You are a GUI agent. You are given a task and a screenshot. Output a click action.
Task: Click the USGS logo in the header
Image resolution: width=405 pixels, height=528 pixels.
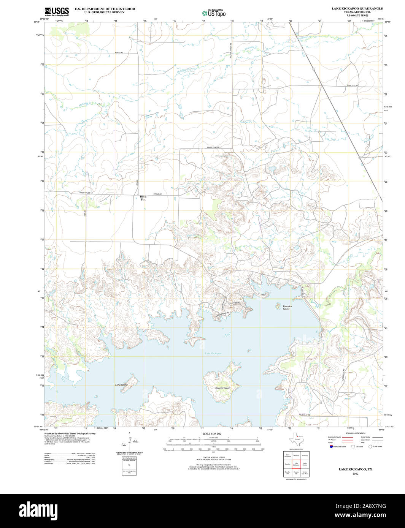coord(57,11)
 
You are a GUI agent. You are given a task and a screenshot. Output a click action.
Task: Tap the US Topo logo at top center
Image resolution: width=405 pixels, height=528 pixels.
coord(214,13)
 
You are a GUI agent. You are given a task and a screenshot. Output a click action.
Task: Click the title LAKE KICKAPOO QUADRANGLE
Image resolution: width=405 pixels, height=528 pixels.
coord(352,8)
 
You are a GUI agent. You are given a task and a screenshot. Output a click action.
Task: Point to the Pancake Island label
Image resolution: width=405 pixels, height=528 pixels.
coord(286,307)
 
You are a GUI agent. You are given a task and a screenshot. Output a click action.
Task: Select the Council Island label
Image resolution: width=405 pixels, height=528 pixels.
coord(222,388)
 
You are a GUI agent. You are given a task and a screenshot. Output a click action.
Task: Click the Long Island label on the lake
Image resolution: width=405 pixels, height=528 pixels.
coord(121,385)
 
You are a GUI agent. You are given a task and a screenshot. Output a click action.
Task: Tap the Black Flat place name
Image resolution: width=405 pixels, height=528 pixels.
coord(143,198)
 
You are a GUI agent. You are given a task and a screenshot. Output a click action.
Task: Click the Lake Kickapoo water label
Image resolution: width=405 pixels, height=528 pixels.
coord(213,354)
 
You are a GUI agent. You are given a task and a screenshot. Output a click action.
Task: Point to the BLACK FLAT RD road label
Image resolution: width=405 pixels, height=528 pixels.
coord(213,147)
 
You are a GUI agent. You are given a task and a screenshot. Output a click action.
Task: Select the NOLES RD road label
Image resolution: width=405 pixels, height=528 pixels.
coord(119,52)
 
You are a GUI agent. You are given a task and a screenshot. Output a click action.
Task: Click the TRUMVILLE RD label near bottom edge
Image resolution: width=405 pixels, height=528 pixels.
coord(304,415)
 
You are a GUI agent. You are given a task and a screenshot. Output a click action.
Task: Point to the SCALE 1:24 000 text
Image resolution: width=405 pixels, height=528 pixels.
coord(212,433)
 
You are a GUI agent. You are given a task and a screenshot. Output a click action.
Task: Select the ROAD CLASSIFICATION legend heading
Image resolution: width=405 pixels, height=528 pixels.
coord(355,433)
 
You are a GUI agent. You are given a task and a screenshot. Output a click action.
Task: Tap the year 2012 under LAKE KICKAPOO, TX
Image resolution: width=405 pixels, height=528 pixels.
coord(355,474)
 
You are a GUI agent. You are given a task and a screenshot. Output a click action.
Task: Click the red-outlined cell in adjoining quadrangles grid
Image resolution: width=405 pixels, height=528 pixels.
coord(296,464)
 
